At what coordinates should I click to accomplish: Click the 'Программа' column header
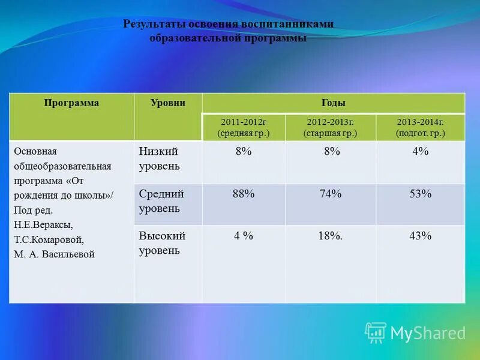[71, 103]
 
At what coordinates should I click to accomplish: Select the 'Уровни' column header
[167, 103]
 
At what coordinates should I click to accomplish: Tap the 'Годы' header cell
[334, 103]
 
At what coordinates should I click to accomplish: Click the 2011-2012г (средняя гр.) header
[244, 127]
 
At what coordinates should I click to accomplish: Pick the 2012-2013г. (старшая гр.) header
[331, 127]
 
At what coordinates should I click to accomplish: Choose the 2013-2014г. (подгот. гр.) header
[420, 127]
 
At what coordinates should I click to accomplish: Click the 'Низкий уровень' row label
[160, 158]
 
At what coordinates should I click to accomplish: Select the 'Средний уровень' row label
[161, 201]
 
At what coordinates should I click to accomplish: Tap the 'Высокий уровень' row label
[162, 243]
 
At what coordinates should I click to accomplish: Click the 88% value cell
[244, 194]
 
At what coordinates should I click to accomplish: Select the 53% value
[420, 194]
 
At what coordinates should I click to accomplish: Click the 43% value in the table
[420, 236]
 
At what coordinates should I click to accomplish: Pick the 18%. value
[331, 236]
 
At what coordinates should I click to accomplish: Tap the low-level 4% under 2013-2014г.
[420, 152]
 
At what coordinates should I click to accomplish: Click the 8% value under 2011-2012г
[244, 152]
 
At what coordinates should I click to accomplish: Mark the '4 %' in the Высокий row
[244, 236]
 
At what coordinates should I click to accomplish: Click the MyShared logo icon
[376, 332]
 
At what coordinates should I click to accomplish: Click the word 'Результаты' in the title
[154, 24]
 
